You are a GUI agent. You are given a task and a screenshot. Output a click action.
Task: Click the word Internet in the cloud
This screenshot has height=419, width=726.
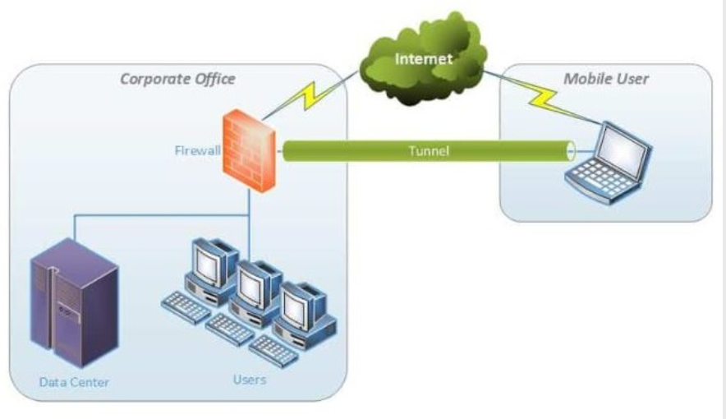424,59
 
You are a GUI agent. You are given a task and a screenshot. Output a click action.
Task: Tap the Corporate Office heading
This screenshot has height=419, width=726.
177,79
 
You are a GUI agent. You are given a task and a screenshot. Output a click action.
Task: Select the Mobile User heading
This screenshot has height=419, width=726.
606,79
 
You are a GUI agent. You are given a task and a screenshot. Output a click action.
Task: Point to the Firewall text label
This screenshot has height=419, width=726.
197,150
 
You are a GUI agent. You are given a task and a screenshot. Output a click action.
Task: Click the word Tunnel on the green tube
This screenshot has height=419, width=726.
429,150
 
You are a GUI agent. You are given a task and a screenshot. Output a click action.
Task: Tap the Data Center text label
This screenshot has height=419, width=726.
74,382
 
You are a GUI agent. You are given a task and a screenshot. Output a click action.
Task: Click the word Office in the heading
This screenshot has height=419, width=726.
213,79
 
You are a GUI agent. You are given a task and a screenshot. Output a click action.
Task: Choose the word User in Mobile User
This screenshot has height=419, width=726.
632,79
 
